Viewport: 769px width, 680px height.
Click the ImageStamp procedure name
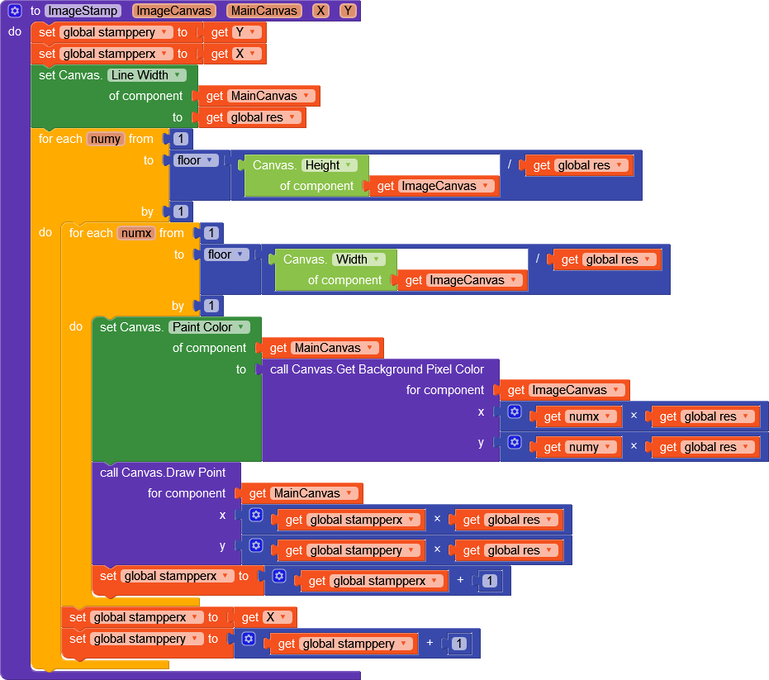[83, 11]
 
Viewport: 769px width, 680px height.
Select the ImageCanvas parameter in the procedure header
[173, 11]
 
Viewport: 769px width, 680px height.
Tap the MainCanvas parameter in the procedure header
[263, 11]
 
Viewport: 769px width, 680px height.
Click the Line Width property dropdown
[146, 75]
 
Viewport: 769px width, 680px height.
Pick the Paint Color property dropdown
[209, 327]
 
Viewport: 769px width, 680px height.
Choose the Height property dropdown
[329, 165]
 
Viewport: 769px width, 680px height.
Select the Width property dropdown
[358, 259]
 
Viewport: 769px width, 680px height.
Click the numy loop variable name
[105, 139]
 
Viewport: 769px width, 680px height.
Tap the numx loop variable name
[136, 233]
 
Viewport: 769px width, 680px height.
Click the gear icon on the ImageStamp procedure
[15, 11]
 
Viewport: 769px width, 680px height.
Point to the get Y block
[235, 32]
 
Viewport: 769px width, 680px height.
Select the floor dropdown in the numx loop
[225, 254]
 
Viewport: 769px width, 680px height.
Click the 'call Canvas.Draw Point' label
[163, 473]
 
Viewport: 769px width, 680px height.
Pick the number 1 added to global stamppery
[459, 644]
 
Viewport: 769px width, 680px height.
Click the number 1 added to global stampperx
[490, 581]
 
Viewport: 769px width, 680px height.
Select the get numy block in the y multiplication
[579, 447]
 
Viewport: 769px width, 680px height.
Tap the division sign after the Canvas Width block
[538, 259]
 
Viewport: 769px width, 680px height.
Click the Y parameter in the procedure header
[348, 11]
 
